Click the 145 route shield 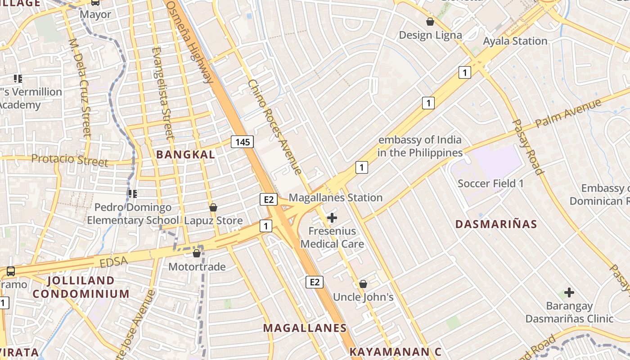coord(243,142)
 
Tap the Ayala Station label coord(515,41)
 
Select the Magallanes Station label coord(336,198)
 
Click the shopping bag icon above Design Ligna coord(430,22)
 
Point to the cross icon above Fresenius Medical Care coord(332,218)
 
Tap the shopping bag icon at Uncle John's coord(363,284)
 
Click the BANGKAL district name coord(185,154)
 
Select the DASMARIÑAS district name coord(496,224)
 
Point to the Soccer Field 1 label coord(490,184)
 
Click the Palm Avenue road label coord(568,114)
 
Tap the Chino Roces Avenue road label coord(274,127)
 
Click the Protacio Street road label coord(70,160)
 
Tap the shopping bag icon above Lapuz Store coord(213,207)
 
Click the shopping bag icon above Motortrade coord(197,253)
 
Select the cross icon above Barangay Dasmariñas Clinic coord(569,292)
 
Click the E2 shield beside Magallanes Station coord(268,199)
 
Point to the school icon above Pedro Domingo coord(132,194)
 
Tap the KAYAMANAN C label coord(396,351)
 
